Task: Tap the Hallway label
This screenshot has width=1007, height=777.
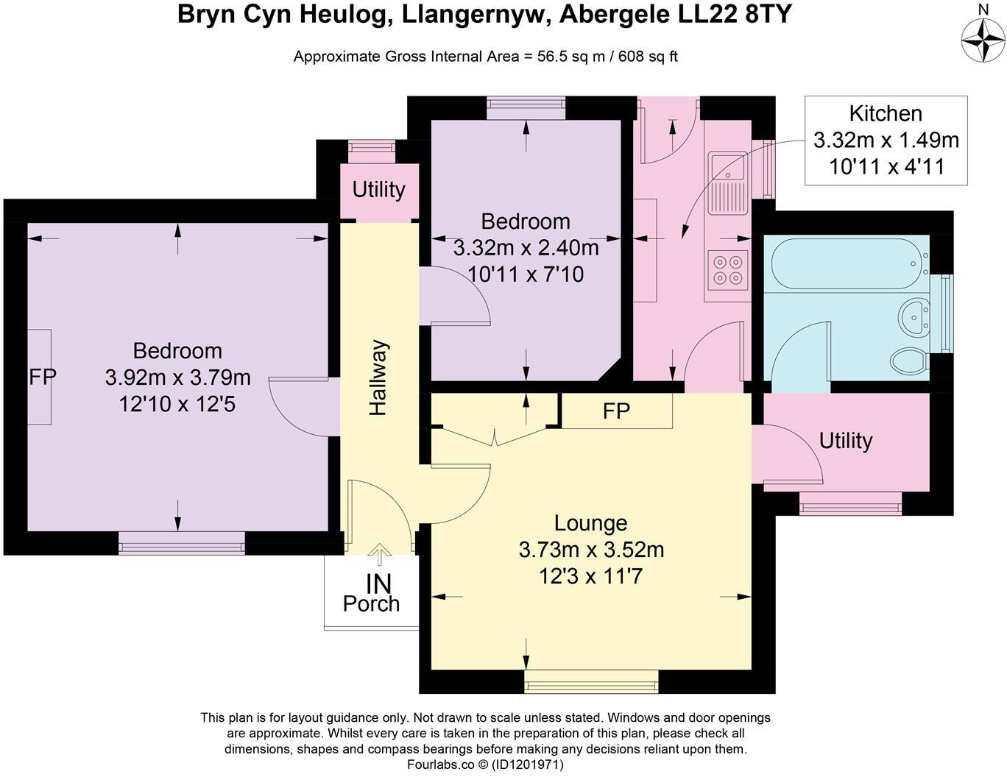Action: [378, 378]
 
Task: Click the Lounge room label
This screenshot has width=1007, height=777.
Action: [591, 524]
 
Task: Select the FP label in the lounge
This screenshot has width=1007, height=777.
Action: [616, 411]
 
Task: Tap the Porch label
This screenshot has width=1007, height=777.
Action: [371, 604]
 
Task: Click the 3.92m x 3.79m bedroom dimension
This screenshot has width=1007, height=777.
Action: [177, 378]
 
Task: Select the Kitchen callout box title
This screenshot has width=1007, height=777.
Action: [886, 114]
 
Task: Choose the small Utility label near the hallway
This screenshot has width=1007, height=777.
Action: [378, 189]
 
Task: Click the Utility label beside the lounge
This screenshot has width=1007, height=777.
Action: [846, 440]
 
